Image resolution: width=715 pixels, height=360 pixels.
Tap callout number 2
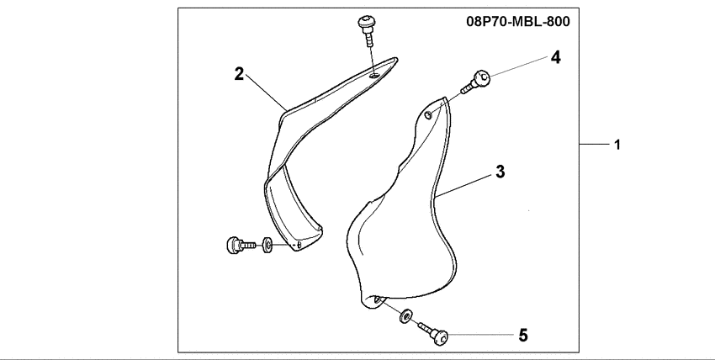point(239,74)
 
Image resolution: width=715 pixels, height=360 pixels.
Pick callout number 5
point(522,336)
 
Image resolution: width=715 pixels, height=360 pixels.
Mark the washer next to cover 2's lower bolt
point(267,246)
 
